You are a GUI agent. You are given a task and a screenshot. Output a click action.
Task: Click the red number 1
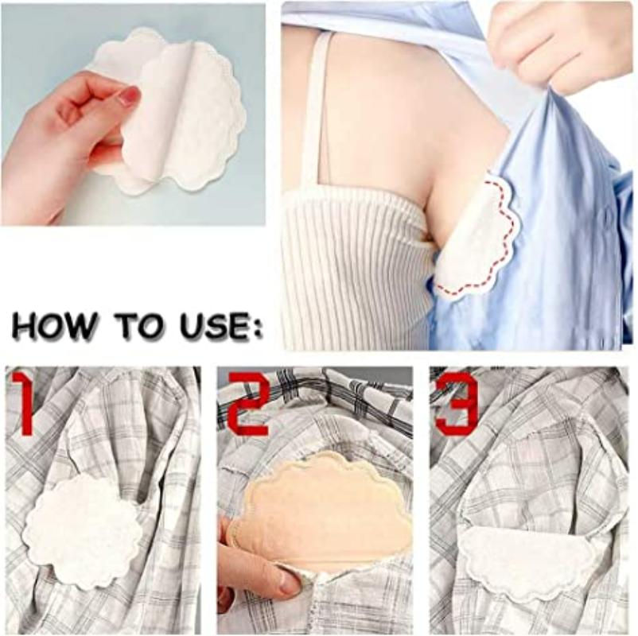click(x=24, y=403)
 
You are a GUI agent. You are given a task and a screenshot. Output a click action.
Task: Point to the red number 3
click(x=457, y=403)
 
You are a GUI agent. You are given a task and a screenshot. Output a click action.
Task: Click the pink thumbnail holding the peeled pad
click(x=127, y=97)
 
